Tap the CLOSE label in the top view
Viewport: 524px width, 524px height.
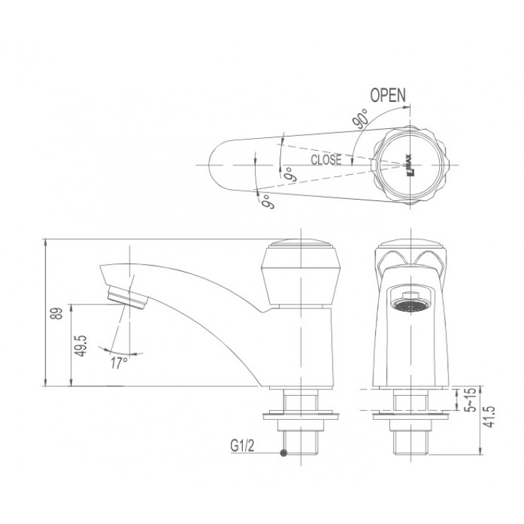point(326,160)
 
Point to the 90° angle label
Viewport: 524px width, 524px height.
point(358,118)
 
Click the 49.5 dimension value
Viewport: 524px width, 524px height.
point(82,345)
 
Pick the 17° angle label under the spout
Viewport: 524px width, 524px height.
point(119,362)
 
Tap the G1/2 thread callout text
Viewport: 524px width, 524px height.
point(241,446)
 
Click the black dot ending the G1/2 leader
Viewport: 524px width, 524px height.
point(283,453)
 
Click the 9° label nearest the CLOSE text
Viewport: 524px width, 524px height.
point(289,172)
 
